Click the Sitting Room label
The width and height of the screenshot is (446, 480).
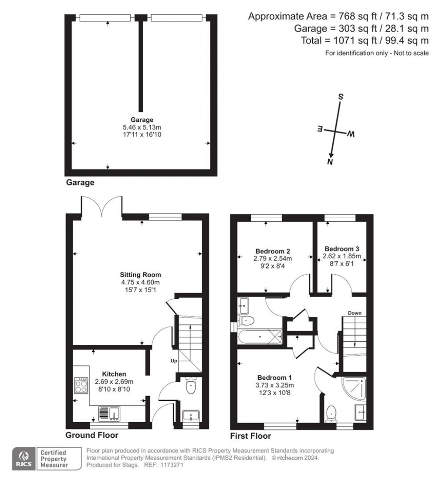pyautogui.click(x=140, y=275)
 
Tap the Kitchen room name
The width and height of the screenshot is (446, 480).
pyautogui.click(x=114, y=374)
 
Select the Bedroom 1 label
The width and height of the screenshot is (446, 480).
pyautogui.click(x=274, y=377)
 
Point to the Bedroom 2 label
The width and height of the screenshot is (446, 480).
pyautogui.click(x=273, y=251)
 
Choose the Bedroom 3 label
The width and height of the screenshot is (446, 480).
pyautogui.click(x=342, y=249)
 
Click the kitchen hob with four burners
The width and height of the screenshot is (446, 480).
pyautogui.click(x=81, y=386)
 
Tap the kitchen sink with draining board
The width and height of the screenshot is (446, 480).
pyautogui.click(x=109, y=413)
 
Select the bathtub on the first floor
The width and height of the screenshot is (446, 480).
pyautogui.click(x=260, y=337)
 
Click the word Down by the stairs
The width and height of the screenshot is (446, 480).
pyautogui.click(x=355, y=313)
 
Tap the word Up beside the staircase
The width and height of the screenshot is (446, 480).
pyautogui.click(x=174, y=361)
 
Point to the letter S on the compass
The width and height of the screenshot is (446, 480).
pyautogui.click(x=341, y=97)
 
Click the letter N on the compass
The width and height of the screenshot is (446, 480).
pyautogui.click(x=330, y=162)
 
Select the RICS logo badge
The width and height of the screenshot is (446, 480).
pyautogui.click(x=24, y=459)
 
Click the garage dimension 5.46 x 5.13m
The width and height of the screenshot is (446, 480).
pyautogui.click(x=142, y=127)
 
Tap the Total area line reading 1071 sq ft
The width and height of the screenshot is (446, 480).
pyautogui.click(x=365, y=40)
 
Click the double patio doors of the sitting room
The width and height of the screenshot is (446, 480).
pyautogui.click(x=101, y=207)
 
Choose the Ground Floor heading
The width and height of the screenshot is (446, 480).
pyautogui.click(x=92, y=435)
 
